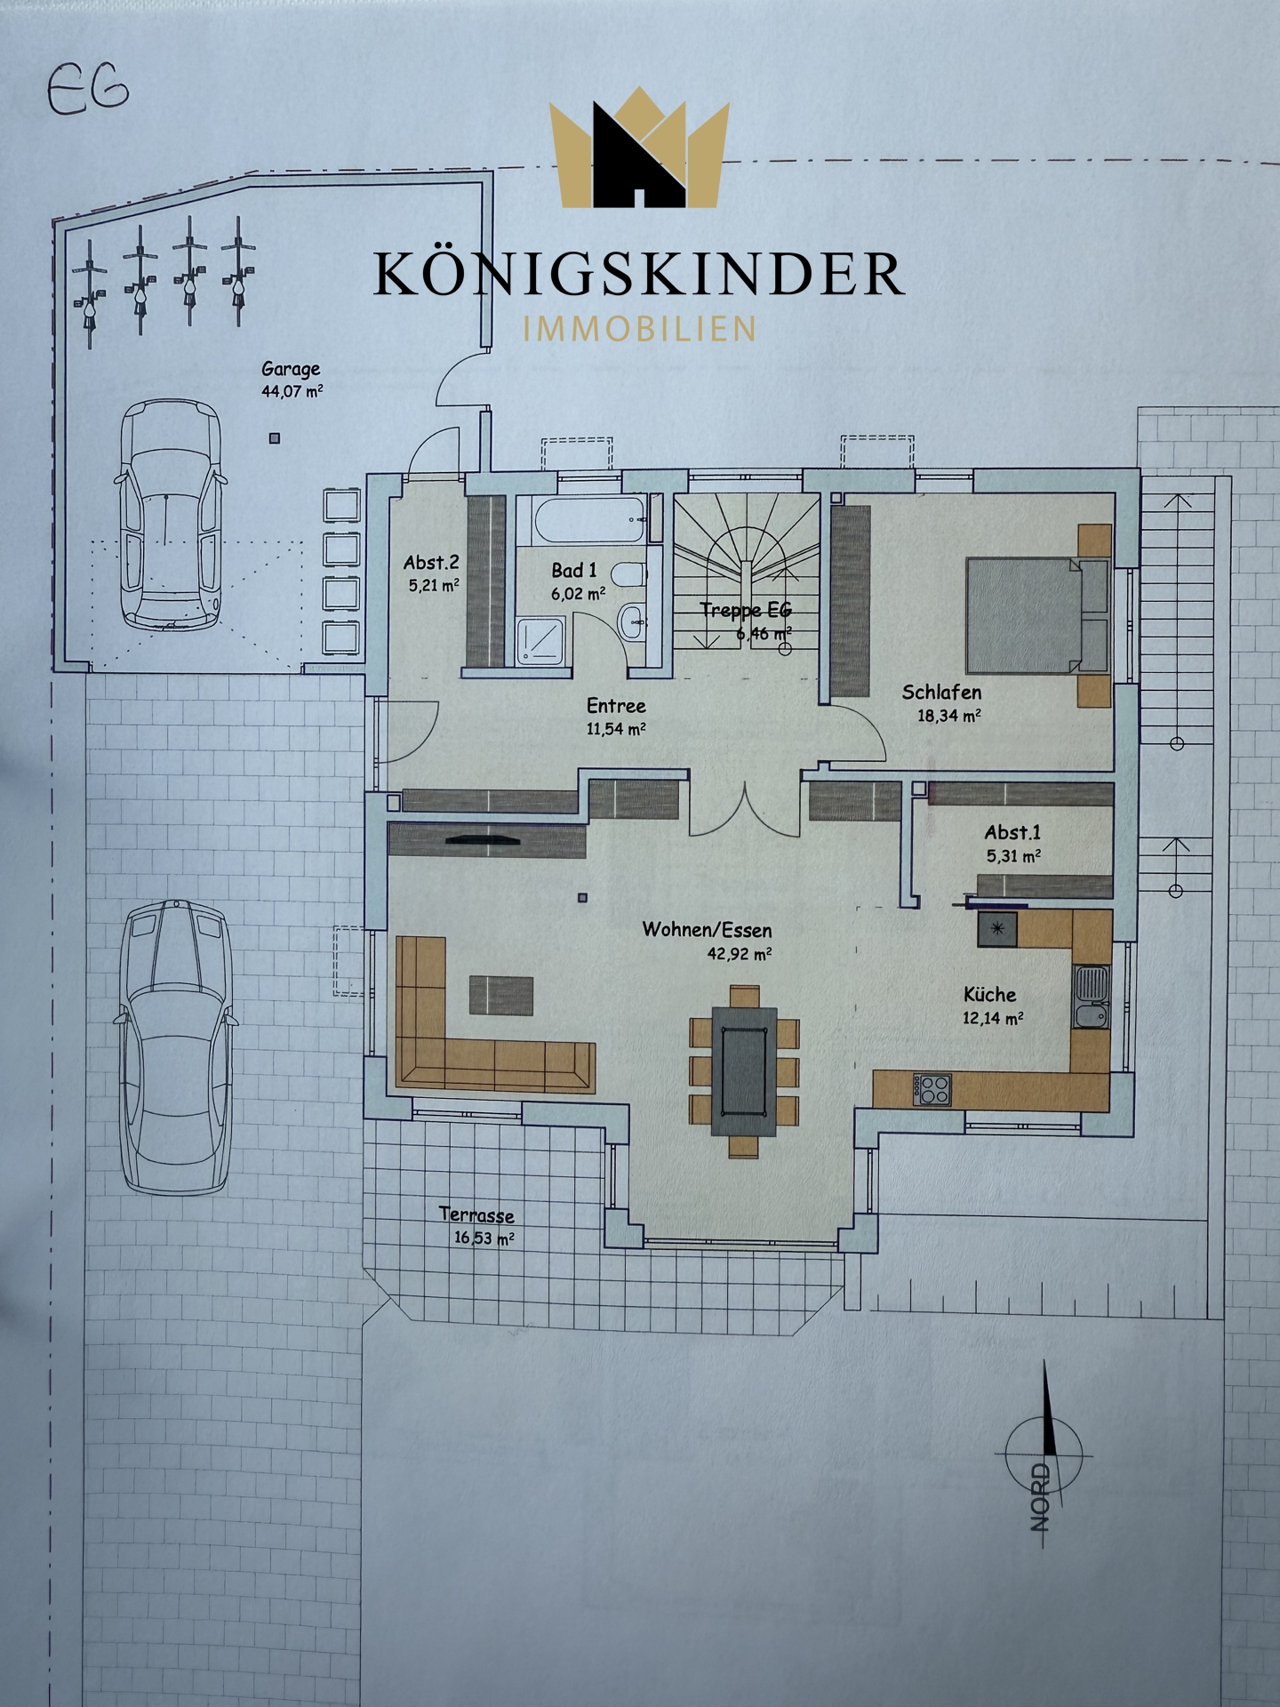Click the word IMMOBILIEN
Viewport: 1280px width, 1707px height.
(640, 329)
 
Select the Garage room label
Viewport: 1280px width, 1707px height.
(291, 369)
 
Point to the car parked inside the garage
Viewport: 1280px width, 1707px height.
(168, 515)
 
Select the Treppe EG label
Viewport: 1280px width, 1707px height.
(745, 610)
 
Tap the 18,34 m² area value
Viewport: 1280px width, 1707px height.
(949, 714)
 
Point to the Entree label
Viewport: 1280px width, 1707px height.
(616, 706)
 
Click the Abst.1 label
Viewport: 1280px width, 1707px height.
(1012, 833)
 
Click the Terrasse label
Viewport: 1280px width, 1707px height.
(476, 1215)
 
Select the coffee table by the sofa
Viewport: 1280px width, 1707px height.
(501, 995)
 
